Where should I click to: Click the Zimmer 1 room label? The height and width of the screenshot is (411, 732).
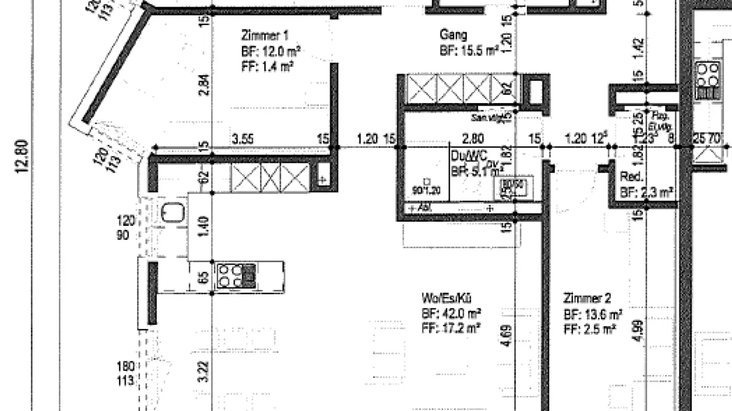264,36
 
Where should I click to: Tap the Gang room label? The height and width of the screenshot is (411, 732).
453,35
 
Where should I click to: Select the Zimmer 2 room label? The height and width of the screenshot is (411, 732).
587,298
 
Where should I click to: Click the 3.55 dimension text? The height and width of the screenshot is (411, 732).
243,139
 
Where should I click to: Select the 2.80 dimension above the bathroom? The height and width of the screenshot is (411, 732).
473,139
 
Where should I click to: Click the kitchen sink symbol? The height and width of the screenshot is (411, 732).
172,212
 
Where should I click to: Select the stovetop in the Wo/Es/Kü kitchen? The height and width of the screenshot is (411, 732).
235,276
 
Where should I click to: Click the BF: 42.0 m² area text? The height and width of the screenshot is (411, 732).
451,313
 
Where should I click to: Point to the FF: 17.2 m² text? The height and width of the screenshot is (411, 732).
451,328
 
